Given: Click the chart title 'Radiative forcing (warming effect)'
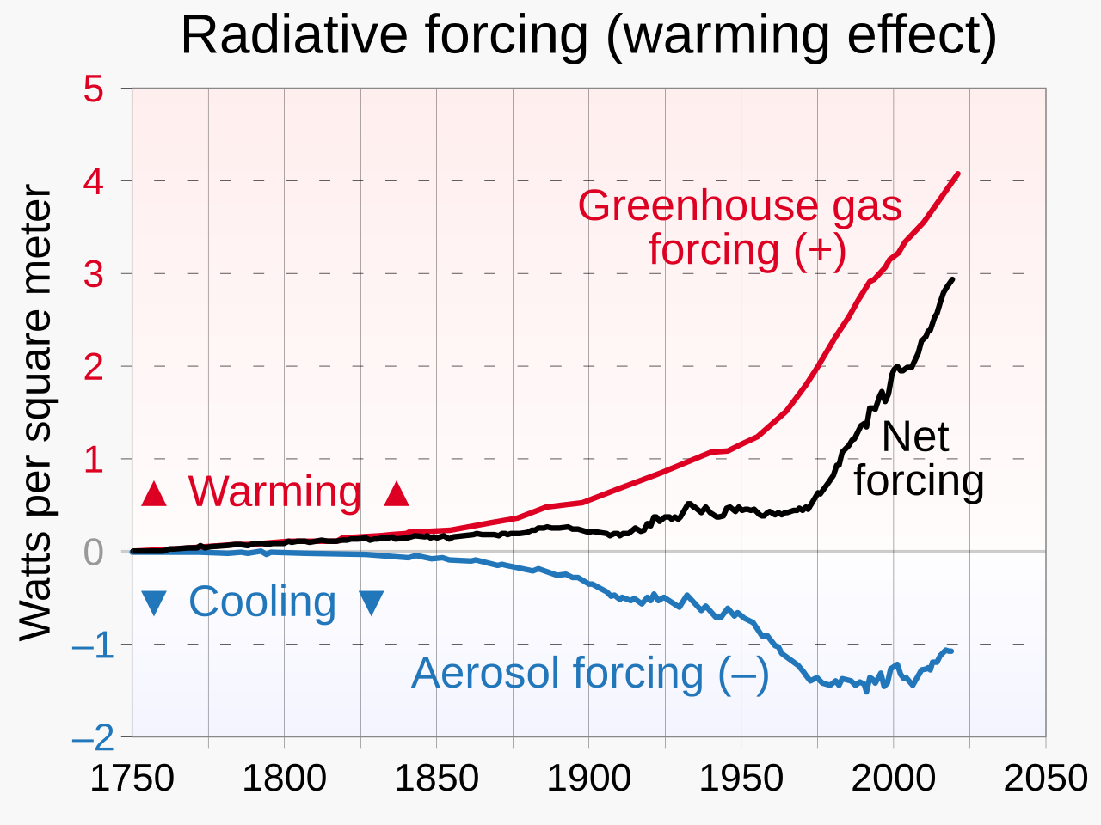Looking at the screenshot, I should (588, 36).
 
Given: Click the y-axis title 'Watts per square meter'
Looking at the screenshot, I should (36, 412).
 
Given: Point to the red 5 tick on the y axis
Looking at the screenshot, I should (94, 89).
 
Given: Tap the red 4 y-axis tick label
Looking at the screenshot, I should (94, 181).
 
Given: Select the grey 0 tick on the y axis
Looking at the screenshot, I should (94, 552).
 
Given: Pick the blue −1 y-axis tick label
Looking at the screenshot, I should (92, 645).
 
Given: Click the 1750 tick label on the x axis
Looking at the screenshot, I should (132, 779).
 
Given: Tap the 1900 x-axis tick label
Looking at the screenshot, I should (588, 779).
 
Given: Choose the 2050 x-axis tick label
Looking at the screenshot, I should (1045, 779).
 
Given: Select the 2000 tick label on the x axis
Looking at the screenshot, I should (893, 779).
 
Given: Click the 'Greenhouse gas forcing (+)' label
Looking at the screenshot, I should (741, 228).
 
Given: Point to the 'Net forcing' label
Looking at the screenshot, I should (918, 458).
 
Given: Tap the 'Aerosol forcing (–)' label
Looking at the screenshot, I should (590, 673).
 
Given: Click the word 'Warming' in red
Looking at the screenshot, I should (275, 492).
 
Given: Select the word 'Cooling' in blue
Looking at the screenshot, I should (262, 602).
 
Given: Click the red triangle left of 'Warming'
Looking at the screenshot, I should (154, 494).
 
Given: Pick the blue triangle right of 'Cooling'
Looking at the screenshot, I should (371, 602).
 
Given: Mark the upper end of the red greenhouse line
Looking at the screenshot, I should (957, 174).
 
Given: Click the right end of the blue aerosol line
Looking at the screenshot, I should (950, 651).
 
